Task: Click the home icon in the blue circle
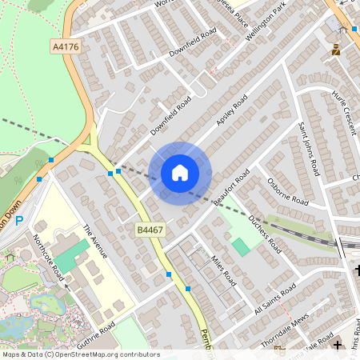180,172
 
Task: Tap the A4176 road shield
66,47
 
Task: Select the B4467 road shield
150,230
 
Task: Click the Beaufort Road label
233,186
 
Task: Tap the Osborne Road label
287,190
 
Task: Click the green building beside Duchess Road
241,246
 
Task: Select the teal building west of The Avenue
73,256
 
